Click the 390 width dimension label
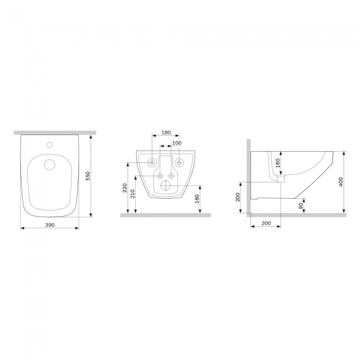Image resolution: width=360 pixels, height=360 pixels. (50, 225)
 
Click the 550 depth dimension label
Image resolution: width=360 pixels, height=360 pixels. (88, 176)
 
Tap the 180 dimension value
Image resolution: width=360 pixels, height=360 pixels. (166, 132)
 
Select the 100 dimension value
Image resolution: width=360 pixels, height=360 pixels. (177, 143)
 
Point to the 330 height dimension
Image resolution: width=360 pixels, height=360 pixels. (125, 188)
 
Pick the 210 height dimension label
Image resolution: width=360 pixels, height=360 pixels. (132, 194)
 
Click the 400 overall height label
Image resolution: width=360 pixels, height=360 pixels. (341, 182)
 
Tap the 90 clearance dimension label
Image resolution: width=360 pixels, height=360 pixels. (301, 205)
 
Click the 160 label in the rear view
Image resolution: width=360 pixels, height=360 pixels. (197, 199)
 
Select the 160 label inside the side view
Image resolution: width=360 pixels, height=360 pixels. (278, 163)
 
